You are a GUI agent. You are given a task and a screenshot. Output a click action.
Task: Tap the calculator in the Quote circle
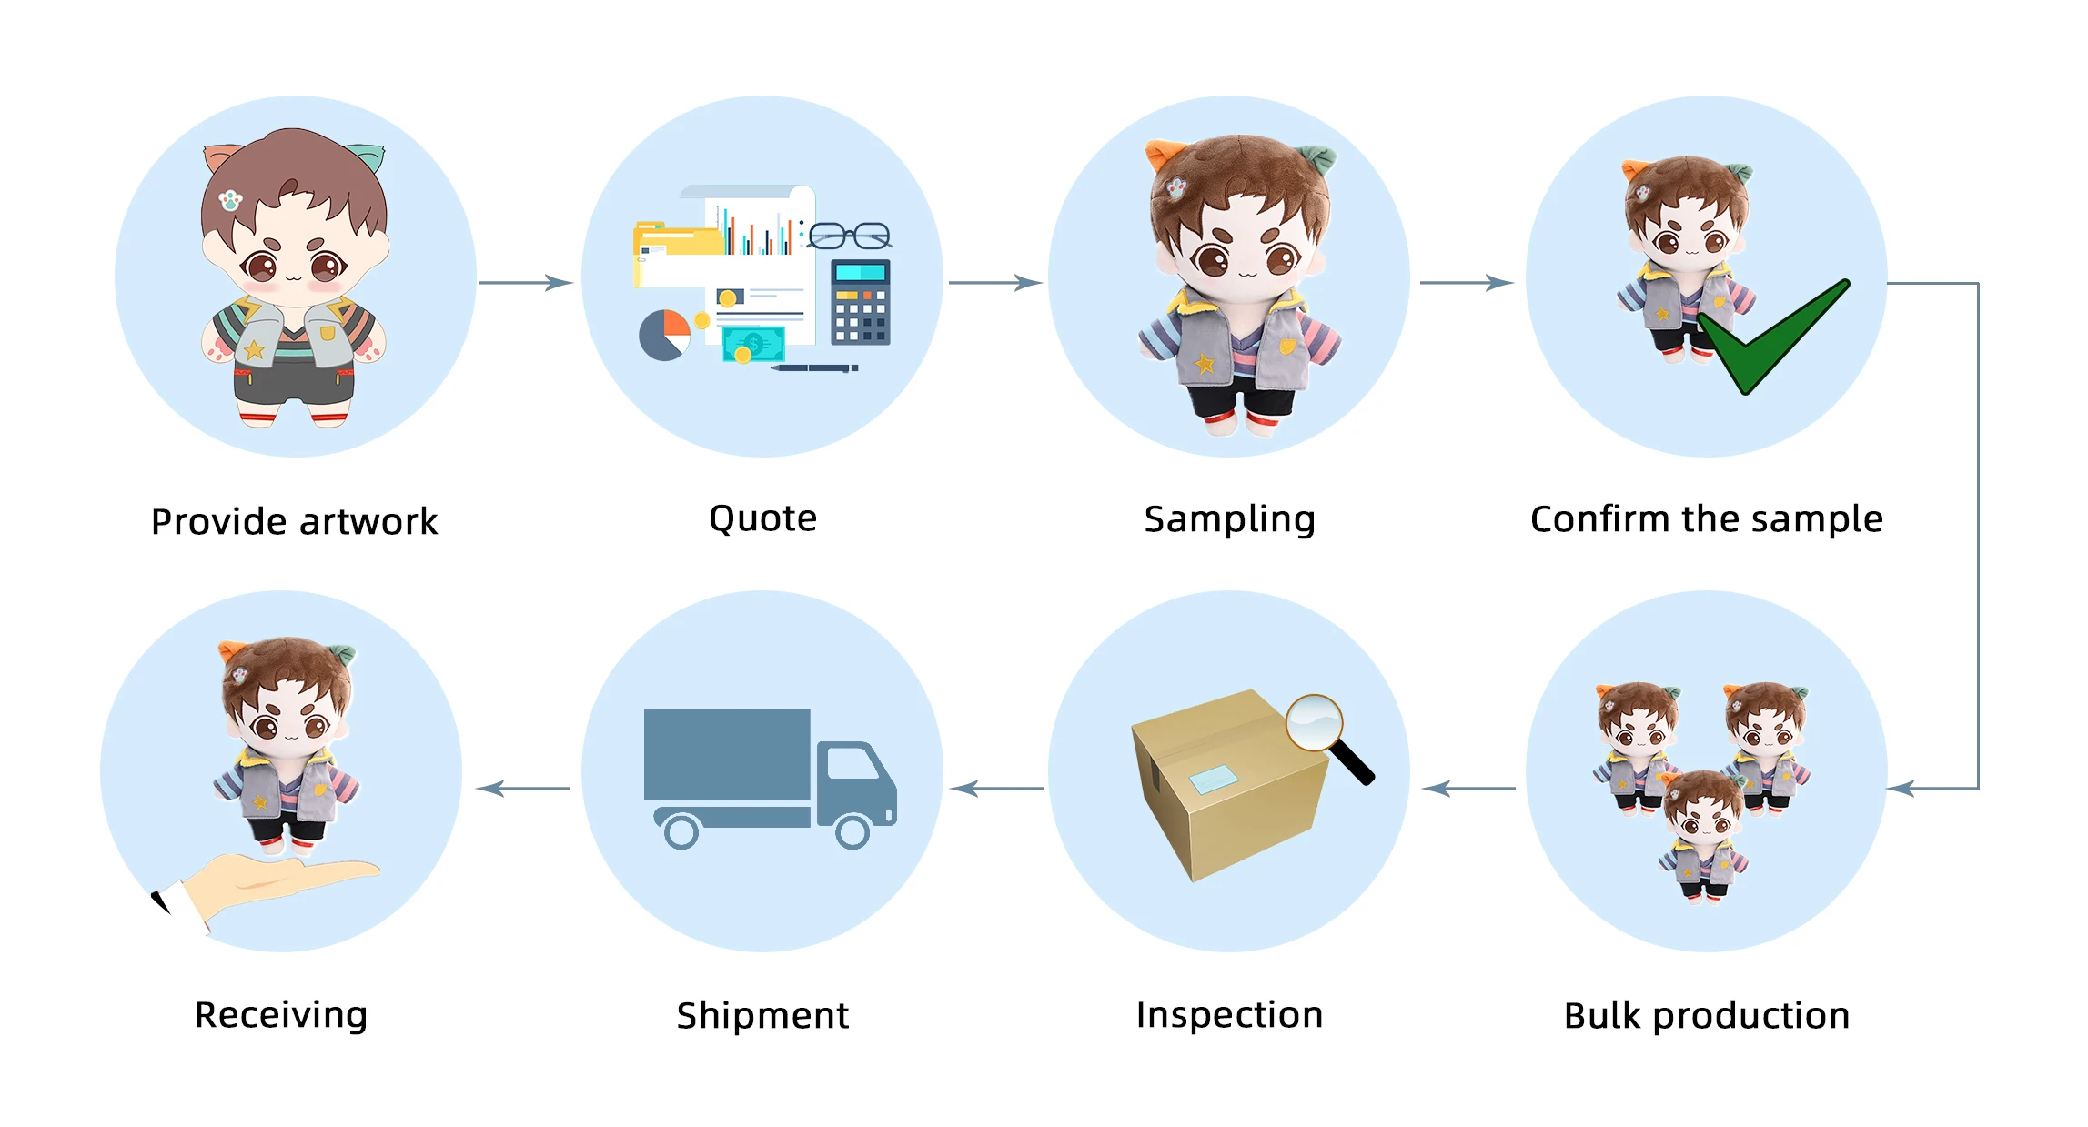pyautogui.click(x=860, y=302)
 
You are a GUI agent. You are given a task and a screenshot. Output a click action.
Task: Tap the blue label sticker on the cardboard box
pyautogui.click(x=1213, y=780)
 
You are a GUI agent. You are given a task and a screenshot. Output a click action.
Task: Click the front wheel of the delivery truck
pyautogui.click(x=852, y=831)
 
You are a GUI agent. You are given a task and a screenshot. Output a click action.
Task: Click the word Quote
pyautogui.click(x=762, y=518)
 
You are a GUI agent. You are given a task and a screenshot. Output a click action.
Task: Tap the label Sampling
pyautogui.click(x=1229, y=519)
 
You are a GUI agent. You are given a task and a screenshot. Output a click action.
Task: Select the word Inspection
pyautogui.click(x=1229, y=1014)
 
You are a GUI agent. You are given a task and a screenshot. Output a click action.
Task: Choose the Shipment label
pyautogui.click(x=762, y=1015)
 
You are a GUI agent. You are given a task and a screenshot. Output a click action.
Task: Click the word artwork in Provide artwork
pyautogui.click(x=368, y=522)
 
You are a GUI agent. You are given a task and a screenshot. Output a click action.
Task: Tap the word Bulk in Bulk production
pyautogui.click(x=1602, y=1015)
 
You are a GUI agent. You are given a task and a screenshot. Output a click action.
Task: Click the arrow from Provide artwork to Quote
pyautogui.click(x=526, y=283)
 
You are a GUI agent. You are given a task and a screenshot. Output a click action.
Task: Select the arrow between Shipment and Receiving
pyautogui.click(x=522, y=789)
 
